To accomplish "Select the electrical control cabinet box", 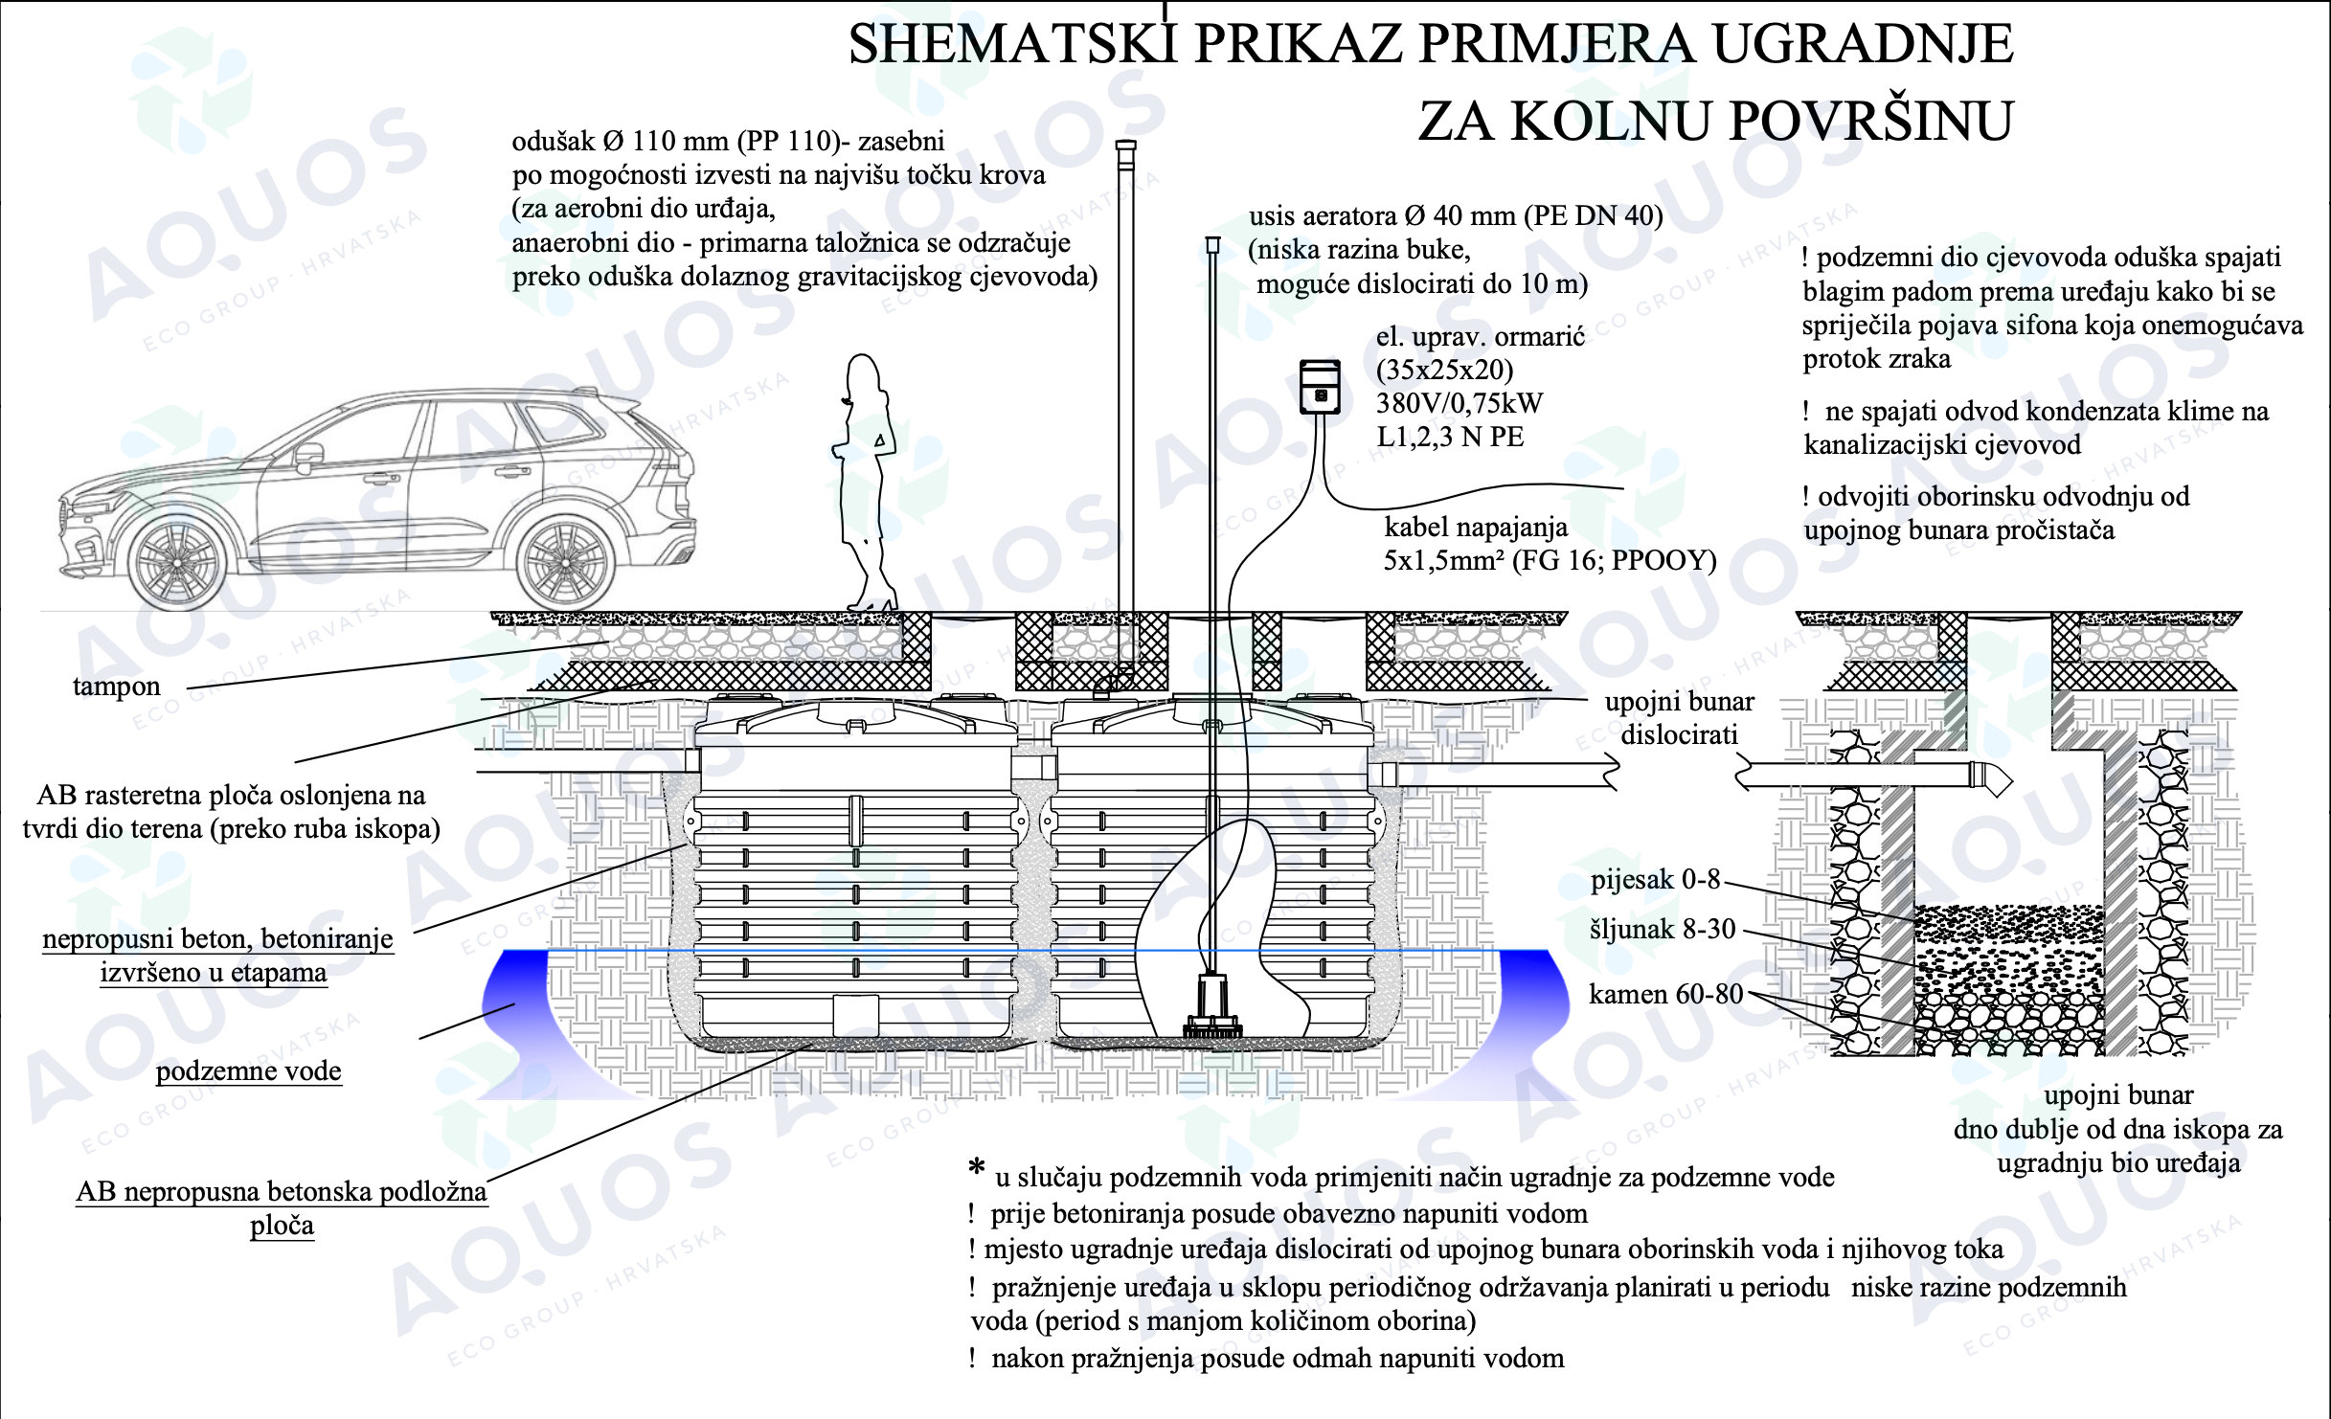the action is click(1320, 387).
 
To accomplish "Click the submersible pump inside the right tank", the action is click(1212, 1004).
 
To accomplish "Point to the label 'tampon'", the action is click(117, 687).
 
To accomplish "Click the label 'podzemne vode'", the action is click(249, 1070).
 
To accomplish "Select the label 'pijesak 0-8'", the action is click(1656, 879).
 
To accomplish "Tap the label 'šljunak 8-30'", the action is click(1663, 929).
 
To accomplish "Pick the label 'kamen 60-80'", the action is click(1666, 994).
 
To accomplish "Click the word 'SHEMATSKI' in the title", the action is click(1013, 44).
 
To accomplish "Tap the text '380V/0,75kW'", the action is click(1460, 403).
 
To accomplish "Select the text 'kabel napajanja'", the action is click(1476, 527).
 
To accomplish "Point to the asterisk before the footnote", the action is click(976, 1167).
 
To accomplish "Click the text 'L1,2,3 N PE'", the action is click(1450, 437).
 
